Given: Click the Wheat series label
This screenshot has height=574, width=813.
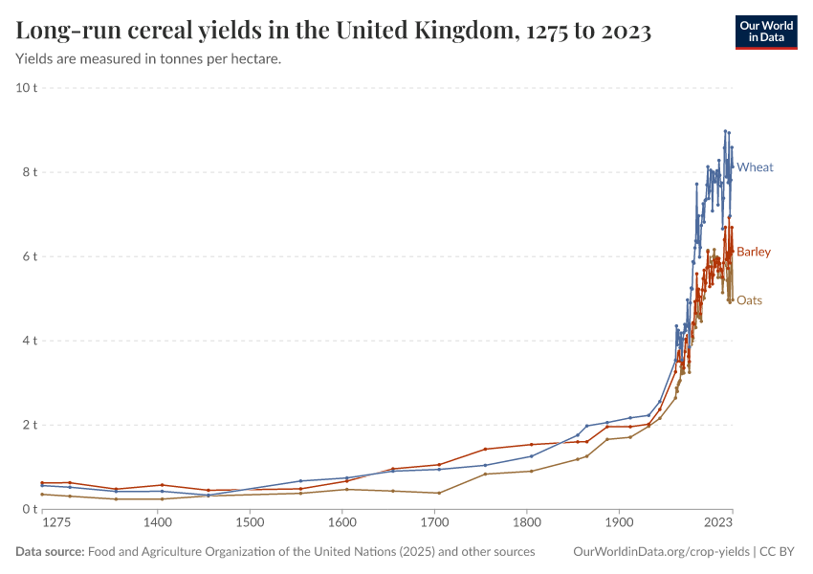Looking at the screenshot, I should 755,167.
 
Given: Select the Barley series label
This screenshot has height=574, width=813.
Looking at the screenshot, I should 753,252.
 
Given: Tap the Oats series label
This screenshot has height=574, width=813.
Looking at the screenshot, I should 749,300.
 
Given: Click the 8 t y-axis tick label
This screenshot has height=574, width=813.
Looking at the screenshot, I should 29,172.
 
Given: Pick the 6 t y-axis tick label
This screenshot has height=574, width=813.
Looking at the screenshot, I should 29,256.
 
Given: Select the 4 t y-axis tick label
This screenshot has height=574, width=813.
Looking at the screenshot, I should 29,341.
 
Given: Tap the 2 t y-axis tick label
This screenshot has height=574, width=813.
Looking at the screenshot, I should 29,425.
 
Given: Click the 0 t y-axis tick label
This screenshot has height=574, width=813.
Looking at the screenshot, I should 29,509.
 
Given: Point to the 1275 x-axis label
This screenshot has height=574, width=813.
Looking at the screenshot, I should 56,524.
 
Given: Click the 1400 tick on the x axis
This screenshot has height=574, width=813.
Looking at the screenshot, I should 158,524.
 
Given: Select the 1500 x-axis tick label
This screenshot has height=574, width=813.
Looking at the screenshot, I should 250,524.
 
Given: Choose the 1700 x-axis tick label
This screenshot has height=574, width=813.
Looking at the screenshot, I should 434,524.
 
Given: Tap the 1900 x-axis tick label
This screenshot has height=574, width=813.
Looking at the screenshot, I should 619,524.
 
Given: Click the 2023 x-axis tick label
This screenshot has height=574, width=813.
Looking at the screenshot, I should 718,524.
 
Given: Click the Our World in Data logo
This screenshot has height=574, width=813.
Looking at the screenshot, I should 765,32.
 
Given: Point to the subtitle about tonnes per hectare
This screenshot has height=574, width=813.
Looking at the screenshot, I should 148,59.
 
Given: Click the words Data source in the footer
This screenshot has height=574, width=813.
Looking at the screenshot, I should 50,552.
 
